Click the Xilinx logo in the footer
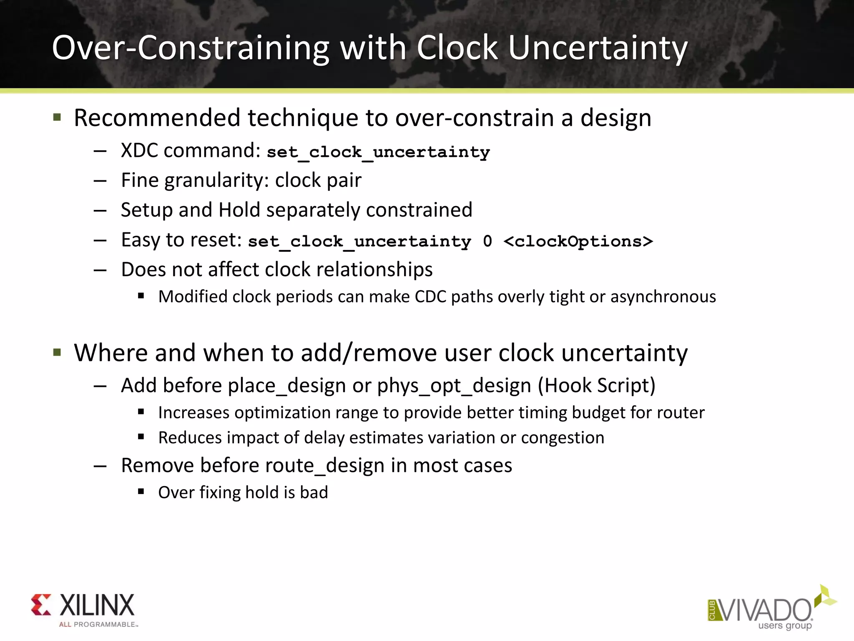pos(83,609)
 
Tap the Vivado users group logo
pos(771,609)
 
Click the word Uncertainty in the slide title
pos(597,48)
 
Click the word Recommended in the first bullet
pos(157,118)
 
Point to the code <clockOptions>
pos(578,241)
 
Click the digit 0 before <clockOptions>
pos(487,241)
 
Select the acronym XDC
pos(139,151)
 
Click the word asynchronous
pos(663,297)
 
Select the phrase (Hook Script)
pos(597,386)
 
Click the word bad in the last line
pos(314,492)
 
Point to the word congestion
pos(563,438)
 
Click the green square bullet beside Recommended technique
pos(58,117)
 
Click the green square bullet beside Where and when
pos(58,353)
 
